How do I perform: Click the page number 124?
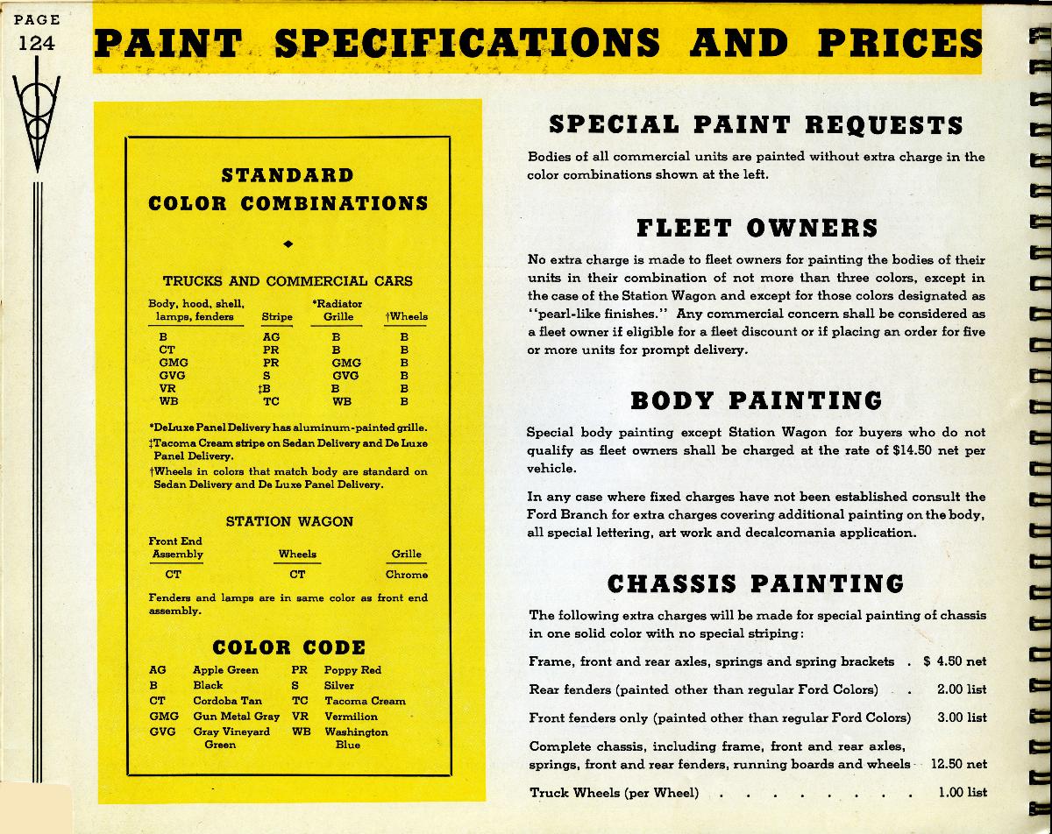[36, 42]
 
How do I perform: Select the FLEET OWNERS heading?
[757, 228]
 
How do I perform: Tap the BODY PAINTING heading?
[757, 401]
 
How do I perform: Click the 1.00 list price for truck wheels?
[962, 792]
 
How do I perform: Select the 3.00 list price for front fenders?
[962, 717]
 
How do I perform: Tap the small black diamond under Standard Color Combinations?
[288, 243]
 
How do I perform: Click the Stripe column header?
[277, 316]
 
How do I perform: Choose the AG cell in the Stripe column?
[271, 336]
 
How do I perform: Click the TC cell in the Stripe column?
[271, 401]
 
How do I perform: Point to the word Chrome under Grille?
[407, 575]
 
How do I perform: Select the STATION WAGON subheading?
[289, 521]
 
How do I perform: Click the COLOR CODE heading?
[288, 648]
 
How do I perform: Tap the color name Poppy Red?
[352, 670]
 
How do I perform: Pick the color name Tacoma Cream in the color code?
[365, 701]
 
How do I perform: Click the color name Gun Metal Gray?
[236, 717]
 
